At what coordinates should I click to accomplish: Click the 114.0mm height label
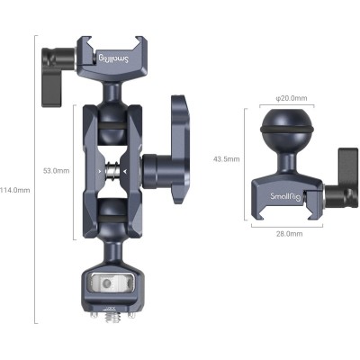pos(15,190)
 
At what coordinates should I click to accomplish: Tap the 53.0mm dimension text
pos(56,169)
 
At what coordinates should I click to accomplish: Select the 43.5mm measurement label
pos(225,158)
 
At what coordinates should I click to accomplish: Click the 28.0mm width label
pos(287,233)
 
